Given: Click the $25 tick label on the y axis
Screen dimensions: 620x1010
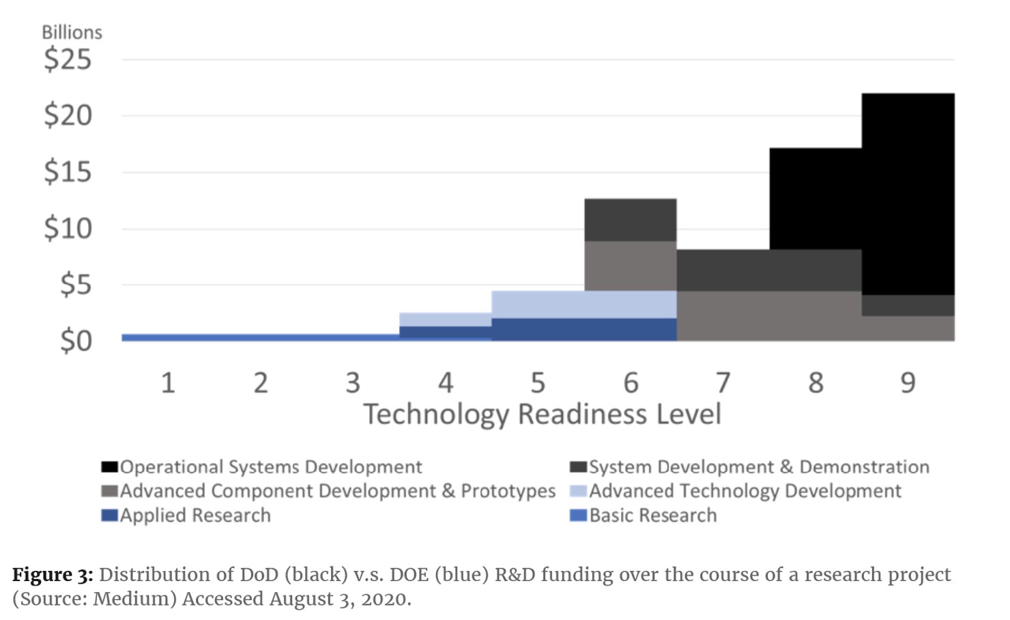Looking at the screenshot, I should [x=68, y=59].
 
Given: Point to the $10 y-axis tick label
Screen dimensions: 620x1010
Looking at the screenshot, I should [x=68, y=228].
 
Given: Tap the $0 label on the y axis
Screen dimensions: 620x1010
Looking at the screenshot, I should [x=75, y=341].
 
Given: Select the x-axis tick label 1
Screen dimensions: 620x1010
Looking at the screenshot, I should [x=168, y=383].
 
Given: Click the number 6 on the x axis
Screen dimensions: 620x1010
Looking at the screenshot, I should [x=631, y=383].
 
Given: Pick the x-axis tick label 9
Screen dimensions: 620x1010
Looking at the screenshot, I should [x=908, y=383].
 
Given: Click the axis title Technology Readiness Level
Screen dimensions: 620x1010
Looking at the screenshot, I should [x=542, y=414].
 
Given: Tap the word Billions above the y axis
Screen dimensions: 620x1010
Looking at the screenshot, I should [x=72, y=32].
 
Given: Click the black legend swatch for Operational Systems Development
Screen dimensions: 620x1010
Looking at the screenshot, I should [x=109, y=467].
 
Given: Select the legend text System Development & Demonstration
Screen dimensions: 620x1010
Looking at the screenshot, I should [x=759, y=467].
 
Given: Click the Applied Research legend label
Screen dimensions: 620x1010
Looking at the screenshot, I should [x=195, y=516].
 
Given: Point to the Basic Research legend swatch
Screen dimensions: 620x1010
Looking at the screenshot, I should [x=578, y=516].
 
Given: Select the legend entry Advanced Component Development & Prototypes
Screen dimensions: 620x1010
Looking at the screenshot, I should [x=338, y=491].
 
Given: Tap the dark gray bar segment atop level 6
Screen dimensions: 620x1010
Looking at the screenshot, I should [x=631, y=220].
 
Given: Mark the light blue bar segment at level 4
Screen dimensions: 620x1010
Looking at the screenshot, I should [x=445, y=320].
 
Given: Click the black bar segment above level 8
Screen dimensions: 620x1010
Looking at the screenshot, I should [x=816, y=199].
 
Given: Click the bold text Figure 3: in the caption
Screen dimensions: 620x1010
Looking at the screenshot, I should [x=53, y=575].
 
